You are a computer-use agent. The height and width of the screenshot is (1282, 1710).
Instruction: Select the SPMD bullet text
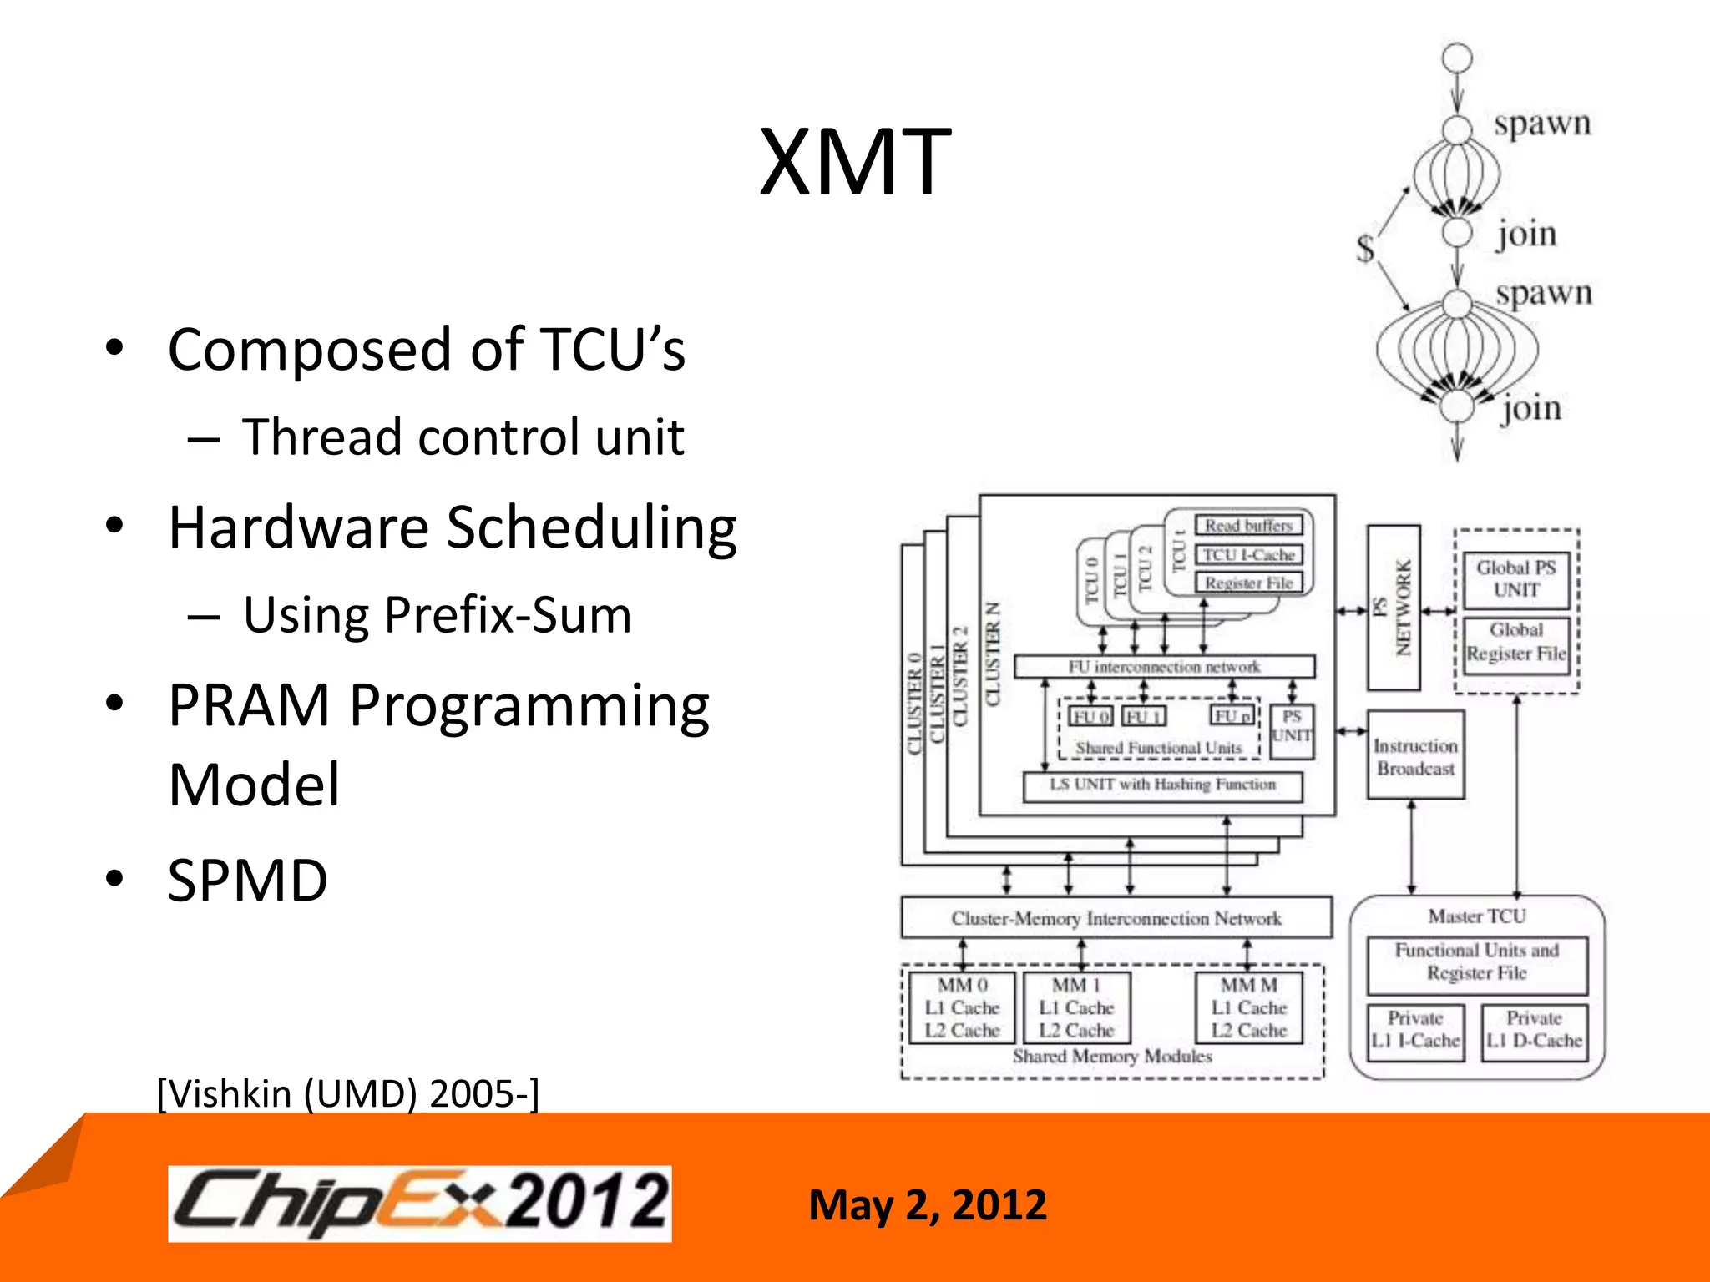(x=247, y=881)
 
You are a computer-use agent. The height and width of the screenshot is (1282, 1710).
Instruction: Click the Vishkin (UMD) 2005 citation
(x=348, y=1093)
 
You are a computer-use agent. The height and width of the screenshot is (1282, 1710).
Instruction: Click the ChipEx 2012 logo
(x=419, y=1203)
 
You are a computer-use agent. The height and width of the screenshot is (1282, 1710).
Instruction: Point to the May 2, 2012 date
(x=927, y=1205)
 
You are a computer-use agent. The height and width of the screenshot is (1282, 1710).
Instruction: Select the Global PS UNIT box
(x=1515, y=578)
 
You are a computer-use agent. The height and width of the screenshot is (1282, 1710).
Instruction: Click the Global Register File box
(x=1515, y=643)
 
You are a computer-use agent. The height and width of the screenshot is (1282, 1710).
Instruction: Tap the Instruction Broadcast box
(x=1415, y=756)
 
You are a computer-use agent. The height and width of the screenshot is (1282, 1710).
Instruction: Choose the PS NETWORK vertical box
(x=1394, y=608)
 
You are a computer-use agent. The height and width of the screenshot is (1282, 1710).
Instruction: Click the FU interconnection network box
(x=1164, y=667)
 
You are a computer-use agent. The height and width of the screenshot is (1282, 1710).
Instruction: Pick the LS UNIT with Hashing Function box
(x=1162, y=785)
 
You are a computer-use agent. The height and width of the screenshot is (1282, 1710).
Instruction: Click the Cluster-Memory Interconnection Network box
(x=1116, y=918)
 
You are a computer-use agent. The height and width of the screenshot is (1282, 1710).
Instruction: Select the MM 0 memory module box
(x=962, y=1007)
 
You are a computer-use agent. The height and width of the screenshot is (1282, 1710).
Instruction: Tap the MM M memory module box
(x=1248, y=1007)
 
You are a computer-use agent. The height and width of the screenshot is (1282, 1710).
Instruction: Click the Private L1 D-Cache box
(x=1534, y=1031)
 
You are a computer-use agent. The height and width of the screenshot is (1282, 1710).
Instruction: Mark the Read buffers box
(x=1248, y=526)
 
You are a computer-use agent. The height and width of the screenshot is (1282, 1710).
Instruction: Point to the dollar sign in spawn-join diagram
(x=1365, y=248)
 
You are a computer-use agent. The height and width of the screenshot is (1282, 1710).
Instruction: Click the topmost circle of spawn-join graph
(x=1457, y=58)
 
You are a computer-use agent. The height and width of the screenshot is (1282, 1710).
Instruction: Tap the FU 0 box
(x=1090, y=717)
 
